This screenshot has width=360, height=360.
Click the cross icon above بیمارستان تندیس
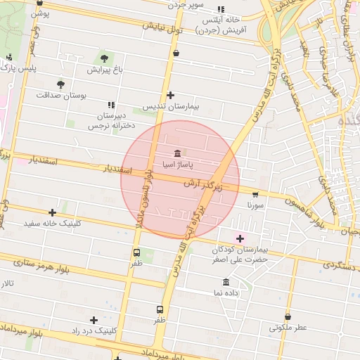pyautogui.click(x=170, y=95)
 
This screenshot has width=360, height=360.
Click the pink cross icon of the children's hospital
pyautogui.click(x=240, y=238)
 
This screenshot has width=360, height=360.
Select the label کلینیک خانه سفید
pyautogui.click(x=52, y=224)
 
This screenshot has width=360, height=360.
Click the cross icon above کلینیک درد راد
pyautogui.click(x=94, y=320)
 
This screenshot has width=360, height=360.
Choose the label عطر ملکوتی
pyautogui.click(x=288, y=328)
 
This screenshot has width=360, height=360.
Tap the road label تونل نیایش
pyautogui.click(x=162, y=29)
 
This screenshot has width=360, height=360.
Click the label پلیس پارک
pyautogui.click(x=17, y=68)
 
